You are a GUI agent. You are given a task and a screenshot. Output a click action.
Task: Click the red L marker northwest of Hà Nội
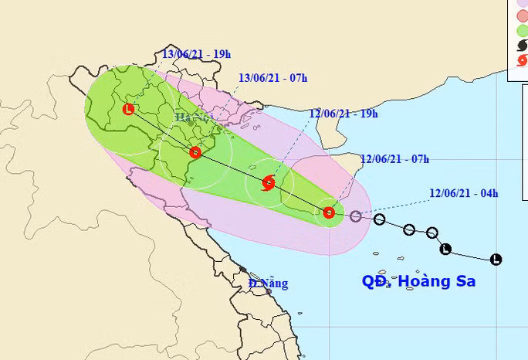coord(127,110)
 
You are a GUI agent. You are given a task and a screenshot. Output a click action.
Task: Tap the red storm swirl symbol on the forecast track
coord(268,183)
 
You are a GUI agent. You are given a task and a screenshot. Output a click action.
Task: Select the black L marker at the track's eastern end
coord(496,260)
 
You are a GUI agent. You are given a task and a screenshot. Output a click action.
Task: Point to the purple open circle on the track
coord(355,216)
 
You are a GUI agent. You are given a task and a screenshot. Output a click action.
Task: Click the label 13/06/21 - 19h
coord(197,54)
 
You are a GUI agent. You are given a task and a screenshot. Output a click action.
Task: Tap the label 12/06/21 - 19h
coord(343,114)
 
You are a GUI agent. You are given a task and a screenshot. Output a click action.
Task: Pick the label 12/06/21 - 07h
coord(394,160)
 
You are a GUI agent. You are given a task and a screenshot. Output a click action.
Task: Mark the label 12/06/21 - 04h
coord(464,193)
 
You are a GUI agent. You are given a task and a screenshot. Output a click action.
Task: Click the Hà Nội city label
coord(193,117)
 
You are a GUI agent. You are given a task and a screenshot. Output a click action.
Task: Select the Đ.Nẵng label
coord(269,284)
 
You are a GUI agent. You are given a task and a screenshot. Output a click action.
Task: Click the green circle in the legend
coord(522,30)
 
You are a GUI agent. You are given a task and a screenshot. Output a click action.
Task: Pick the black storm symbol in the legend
coord(522,46)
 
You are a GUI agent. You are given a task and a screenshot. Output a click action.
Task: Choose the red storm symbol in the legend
coord(522,61)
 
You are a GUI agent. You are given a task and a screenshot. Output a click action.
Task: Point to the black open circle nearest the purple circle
coord(379,219)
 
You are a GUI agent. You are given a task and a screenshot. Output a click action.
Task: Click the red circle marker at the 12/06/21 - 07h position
coord(329,212)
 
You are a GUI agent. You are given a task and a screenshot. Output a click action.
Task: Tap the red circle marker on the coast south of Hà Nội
coord(195,152)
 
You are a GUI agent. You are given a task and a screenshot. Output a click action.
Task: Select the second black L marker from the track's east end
coord(445,249)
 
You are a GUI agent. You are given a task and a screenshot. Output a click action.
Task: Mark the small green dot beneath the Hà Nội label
coord(190,123)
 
